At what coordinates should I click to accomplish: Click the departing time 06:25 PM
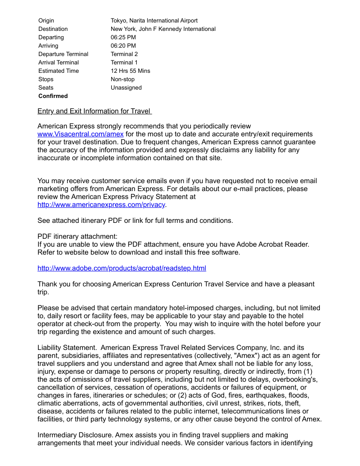tap(123, 38)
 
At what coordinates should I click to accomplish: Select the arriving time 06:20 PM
tap(123, 46)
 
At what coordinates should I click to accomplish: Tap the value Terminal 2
tap(124, 54)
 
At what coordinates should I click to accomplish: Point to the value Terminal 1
tap(124, 63)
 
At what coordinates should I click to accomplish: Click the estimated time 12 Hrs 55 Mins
tap(130, 71)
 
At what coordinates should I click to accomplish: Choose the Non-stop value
tap(123, 79)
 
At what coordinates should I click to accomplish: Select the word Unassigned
tap(126, 88)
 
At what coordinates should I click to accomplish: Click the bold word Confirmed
tap(53, 96)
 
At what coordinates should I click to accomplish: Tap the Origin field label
tap(46, 21)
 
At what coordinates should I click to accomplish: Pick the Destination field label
tap(53, 29)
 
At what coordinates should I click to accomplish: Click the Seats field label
tap(46, 88)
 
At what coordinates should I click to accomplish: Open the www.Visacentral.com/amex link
tap(80, 134)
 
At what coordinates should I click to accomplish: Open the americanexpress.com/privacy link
tap(101, 205)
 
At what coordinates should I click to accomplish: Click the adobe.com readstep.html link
tap(122, 268)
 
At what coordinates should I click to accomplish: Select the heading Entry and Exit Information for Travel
tap(94, 111)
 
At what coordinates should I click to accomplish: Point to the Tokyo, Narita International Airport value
tap(154, 21)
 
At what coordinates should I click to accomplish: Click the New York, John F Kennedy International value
tap(163, 29)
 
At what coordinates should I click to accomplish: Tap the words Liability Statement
tap(67, 348)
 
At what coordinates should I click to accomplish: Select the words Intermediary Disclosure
tap(73, 435)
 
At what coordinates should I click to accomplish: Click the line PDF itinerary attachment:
tap(77, 237)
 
